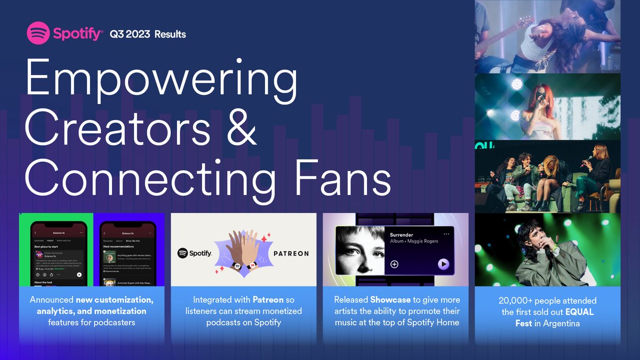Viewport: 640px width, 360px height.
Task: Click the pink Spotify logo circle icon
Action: pos(38,34)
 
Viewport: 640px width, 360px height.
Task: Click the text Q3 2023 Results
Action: pos(148,35)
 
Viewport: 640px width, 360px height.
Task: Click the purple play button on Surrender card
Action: pos(443,264)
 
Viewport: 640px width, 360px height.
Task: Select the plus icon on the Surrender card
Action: pos(395,264)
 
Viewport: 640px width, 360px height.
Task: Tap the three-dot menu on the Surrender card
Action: pos(446,234)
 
